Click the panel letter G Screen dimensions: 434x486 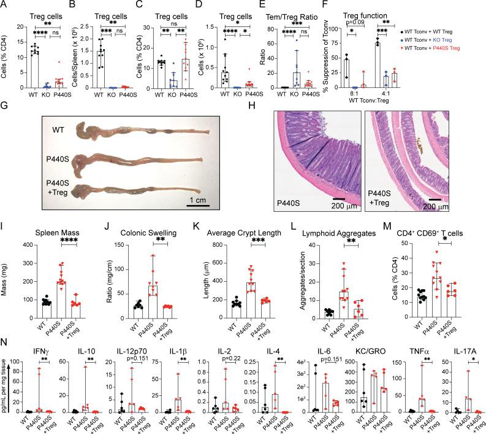tap(6, 107)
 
